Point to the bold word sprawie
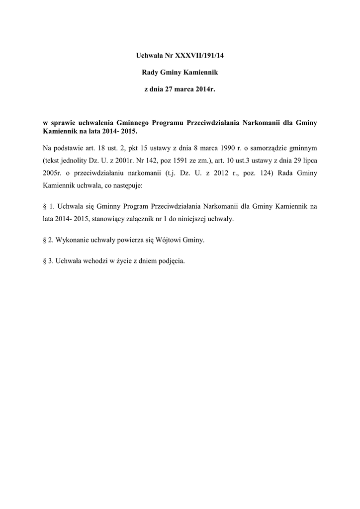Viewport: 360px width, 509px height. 63,123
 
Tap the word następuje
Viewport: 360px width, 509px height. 127,187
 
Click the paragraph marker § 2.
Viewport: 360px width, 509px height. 48,240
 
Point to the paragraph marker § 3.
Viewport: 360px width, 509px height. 48,261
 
